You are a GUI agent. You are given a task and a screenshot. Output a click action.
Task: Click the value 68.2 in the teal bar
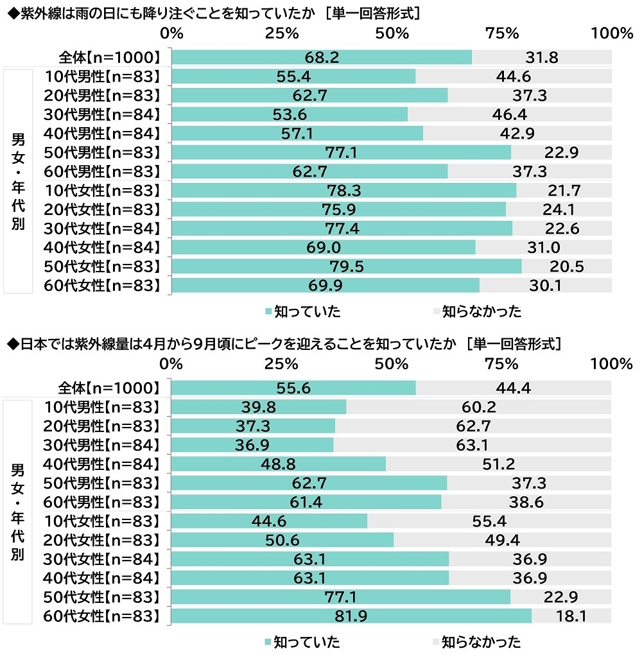(x=322, y=58)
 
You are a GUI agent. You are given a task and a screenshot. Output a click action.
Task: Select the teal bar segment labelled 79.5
(x=347, y=266)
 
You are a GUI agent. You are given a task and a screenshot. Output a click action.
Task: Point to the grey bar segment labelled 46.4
(x=510, y=114)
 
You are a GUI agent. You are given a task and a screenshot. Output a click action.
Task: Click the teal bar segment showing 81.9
(x=352, y=616)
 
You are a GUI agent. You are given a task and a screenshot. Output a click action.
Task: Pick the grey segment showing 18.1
(x=571, y=616)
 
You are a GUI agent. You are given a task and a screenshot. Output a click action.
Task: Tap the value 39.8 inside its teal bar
(x=259, y=407)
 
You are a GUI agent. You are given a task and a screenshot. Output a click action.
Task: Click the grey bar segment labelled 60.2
(x=479, y=407)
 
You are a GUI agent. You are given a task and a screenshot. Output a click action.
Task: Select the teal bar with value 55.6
(x=293, y=388)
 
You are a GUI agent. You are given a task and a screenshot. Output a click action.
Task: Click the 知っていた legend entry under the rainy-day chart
(x=302, y=312)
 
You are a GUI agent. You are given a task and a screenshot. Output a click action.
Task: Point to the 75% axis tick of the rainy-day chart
(x=501, y=33)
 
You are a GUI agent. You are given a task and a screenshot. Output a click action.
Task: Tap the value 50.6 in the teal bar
(x=282, y=540)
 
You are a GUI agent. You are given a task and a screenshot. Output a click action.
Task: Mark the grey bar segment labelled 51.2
(x=498, y=464)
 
